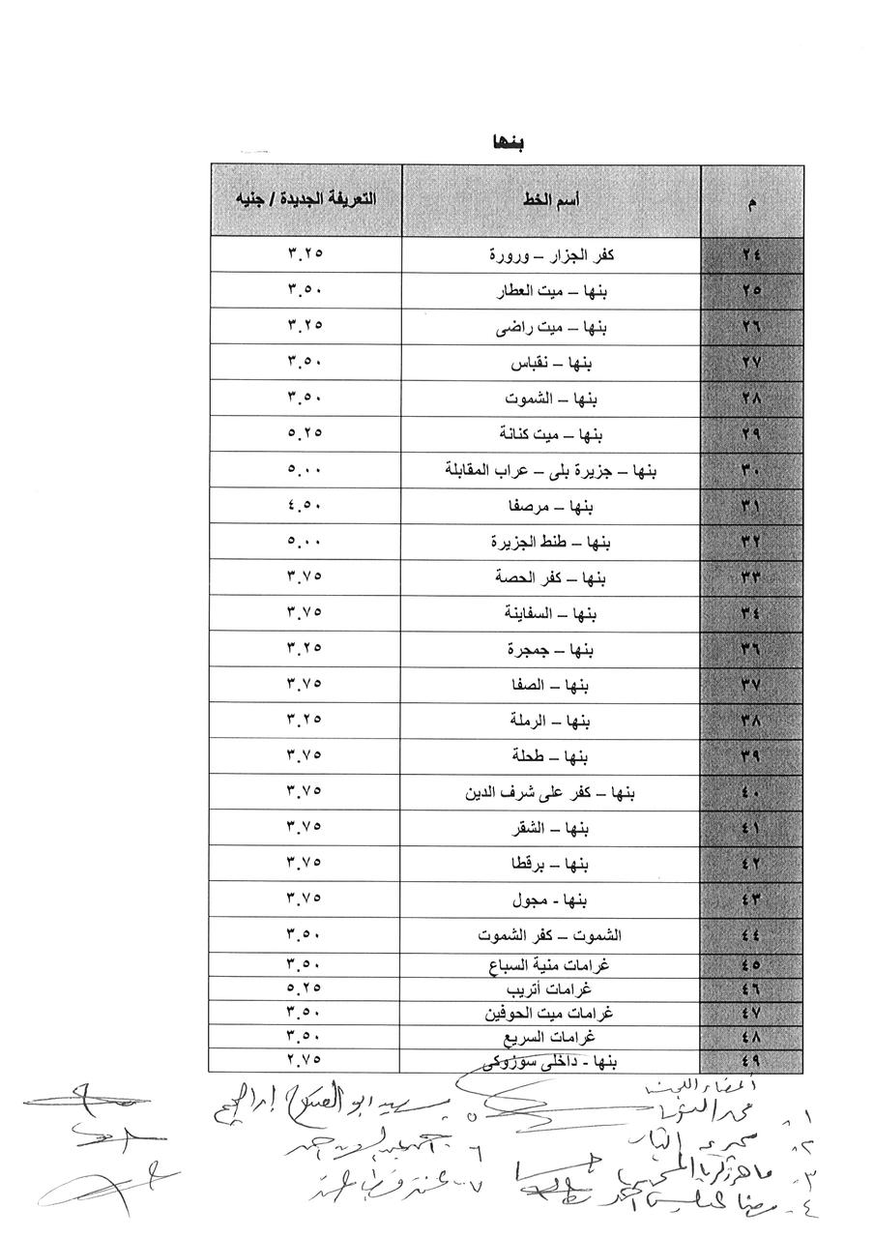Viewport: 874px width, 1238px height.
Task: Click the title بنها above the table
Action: click(508, 141)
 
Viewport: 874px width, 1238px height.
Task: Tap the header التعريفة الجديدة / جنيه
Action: click(305, 199)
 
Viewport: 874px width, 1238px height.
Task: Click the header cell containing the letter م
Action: click(751, 203)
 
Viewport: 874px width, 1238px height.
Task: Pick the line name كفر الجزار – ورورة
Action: click(552, 255)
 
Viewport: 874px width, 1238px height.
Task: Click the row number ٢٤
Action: click(751, 255)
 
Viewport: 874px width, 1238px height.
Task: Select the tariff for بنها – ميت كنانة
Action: click(305, 434)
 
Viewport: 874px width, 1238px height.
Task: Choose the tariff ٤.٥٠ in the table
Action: click(305, 506)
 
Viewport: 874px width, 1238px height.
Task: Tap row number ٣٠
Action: click(751, 471)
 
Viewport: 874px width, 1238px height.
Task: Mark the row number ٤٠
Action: click(751, 793)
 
